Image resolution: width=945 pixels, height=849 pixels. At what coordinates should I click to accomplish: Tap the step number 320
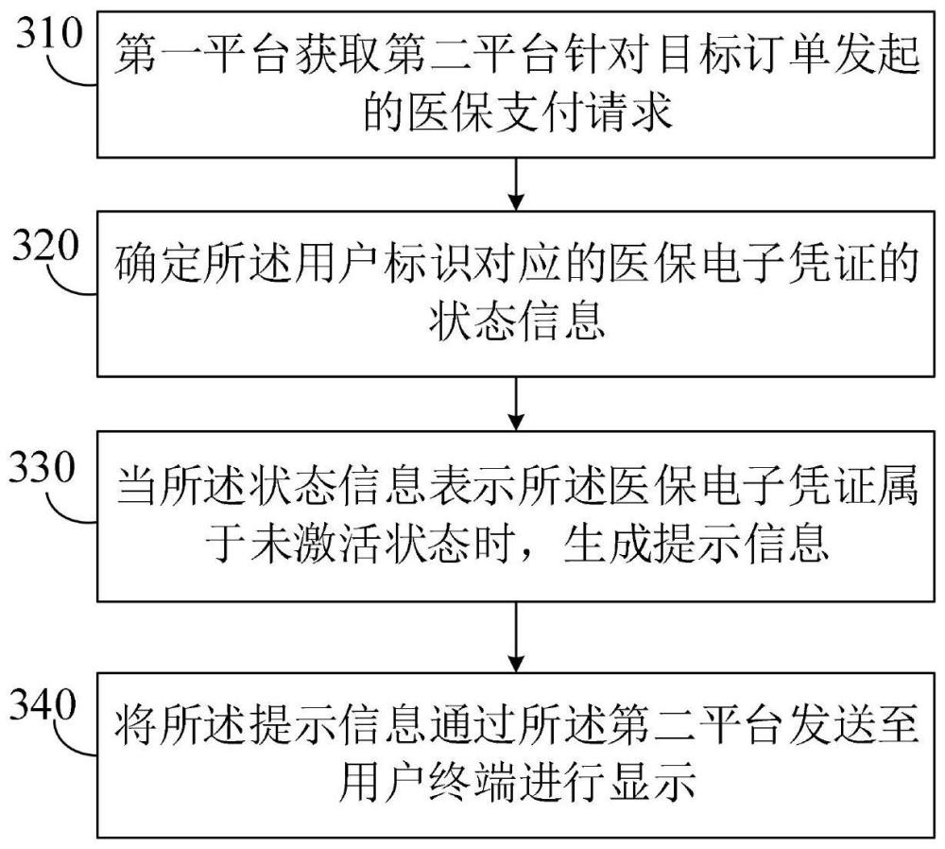click(46, 246)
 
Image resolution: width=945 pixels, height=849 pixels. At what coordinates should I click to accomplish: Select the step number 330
click(43, 467)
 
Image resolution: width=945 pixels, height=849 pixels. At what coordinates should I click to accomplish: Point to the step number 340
click(43, 705)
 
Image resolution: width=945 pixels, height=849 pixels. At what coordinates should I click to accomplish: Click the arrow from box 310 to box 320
click(517, 184)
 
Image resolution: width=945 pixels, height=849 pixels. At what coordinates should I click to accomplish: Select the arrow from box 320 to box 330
click(517, 404)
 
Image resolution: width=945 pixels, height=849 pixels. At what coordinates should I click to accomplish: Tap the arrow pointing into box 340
click(517, 637)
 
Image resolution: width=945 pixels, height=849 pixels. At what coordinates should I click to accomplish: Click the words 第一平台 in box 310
click(203, 54)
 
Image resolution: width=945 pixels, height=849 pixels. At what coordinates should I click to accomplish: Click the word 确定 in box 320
click(159, 264)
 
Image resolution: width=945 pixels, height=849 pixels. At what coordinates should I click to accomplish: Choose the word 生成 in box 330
click(608, 544)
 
